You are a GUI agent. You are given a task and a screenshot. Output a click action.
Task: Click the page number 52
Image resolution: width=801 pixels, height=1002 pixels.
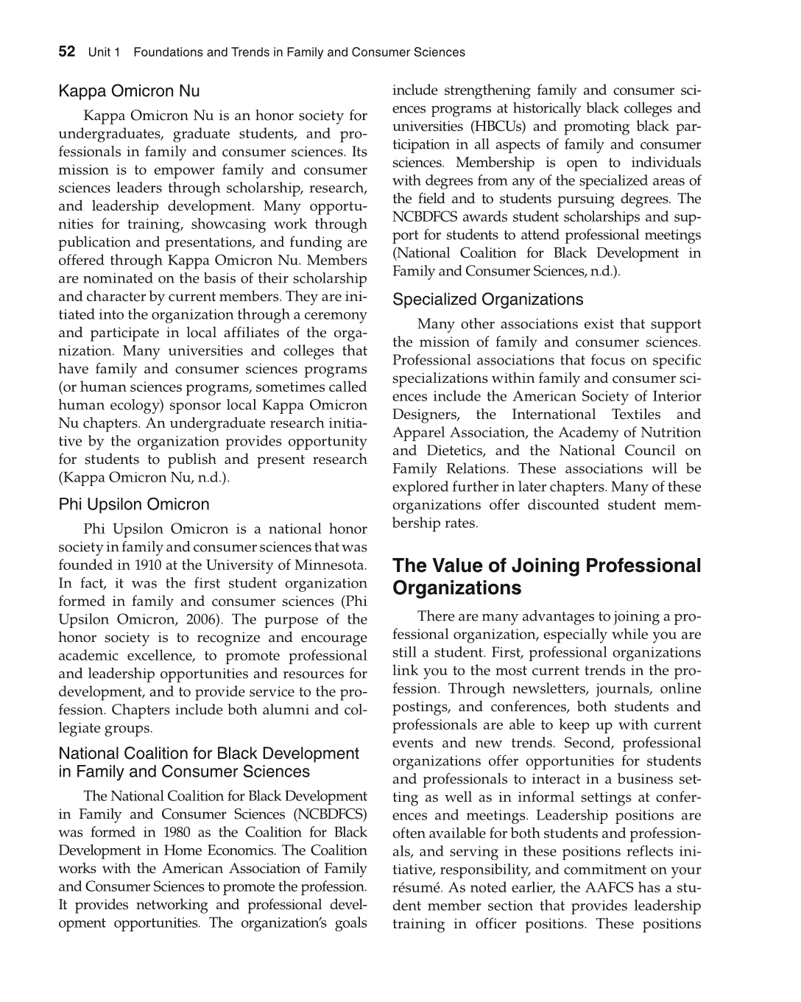(x=66, y=52)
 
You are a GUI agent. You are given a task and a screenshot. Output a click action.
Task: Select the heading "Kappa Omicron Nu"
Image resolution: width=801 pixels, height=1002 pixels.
(x=129, y=91)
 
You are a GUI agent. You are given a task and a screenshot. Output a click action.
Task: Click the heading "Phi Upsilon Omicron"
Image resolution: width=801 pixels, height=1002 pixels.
(x=134, y=504)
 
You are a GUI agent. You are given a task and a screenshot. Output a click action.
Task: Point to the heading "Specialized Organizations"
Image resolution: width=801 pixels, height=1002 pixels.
(x=487, y=300)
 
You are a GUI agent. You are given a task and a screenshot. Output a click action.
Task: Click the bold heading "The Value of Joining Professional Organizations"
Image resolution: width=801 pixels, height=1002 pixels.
(x=546, y=576)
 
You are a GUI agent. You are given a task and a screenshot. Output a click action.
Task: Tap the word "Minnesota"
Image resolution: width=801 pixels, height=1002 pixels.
(x=331, y=565)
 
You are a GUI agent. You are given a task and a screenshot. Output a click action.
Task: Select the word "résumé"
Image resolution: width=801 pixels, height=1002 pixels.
(x=413, y=887)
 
